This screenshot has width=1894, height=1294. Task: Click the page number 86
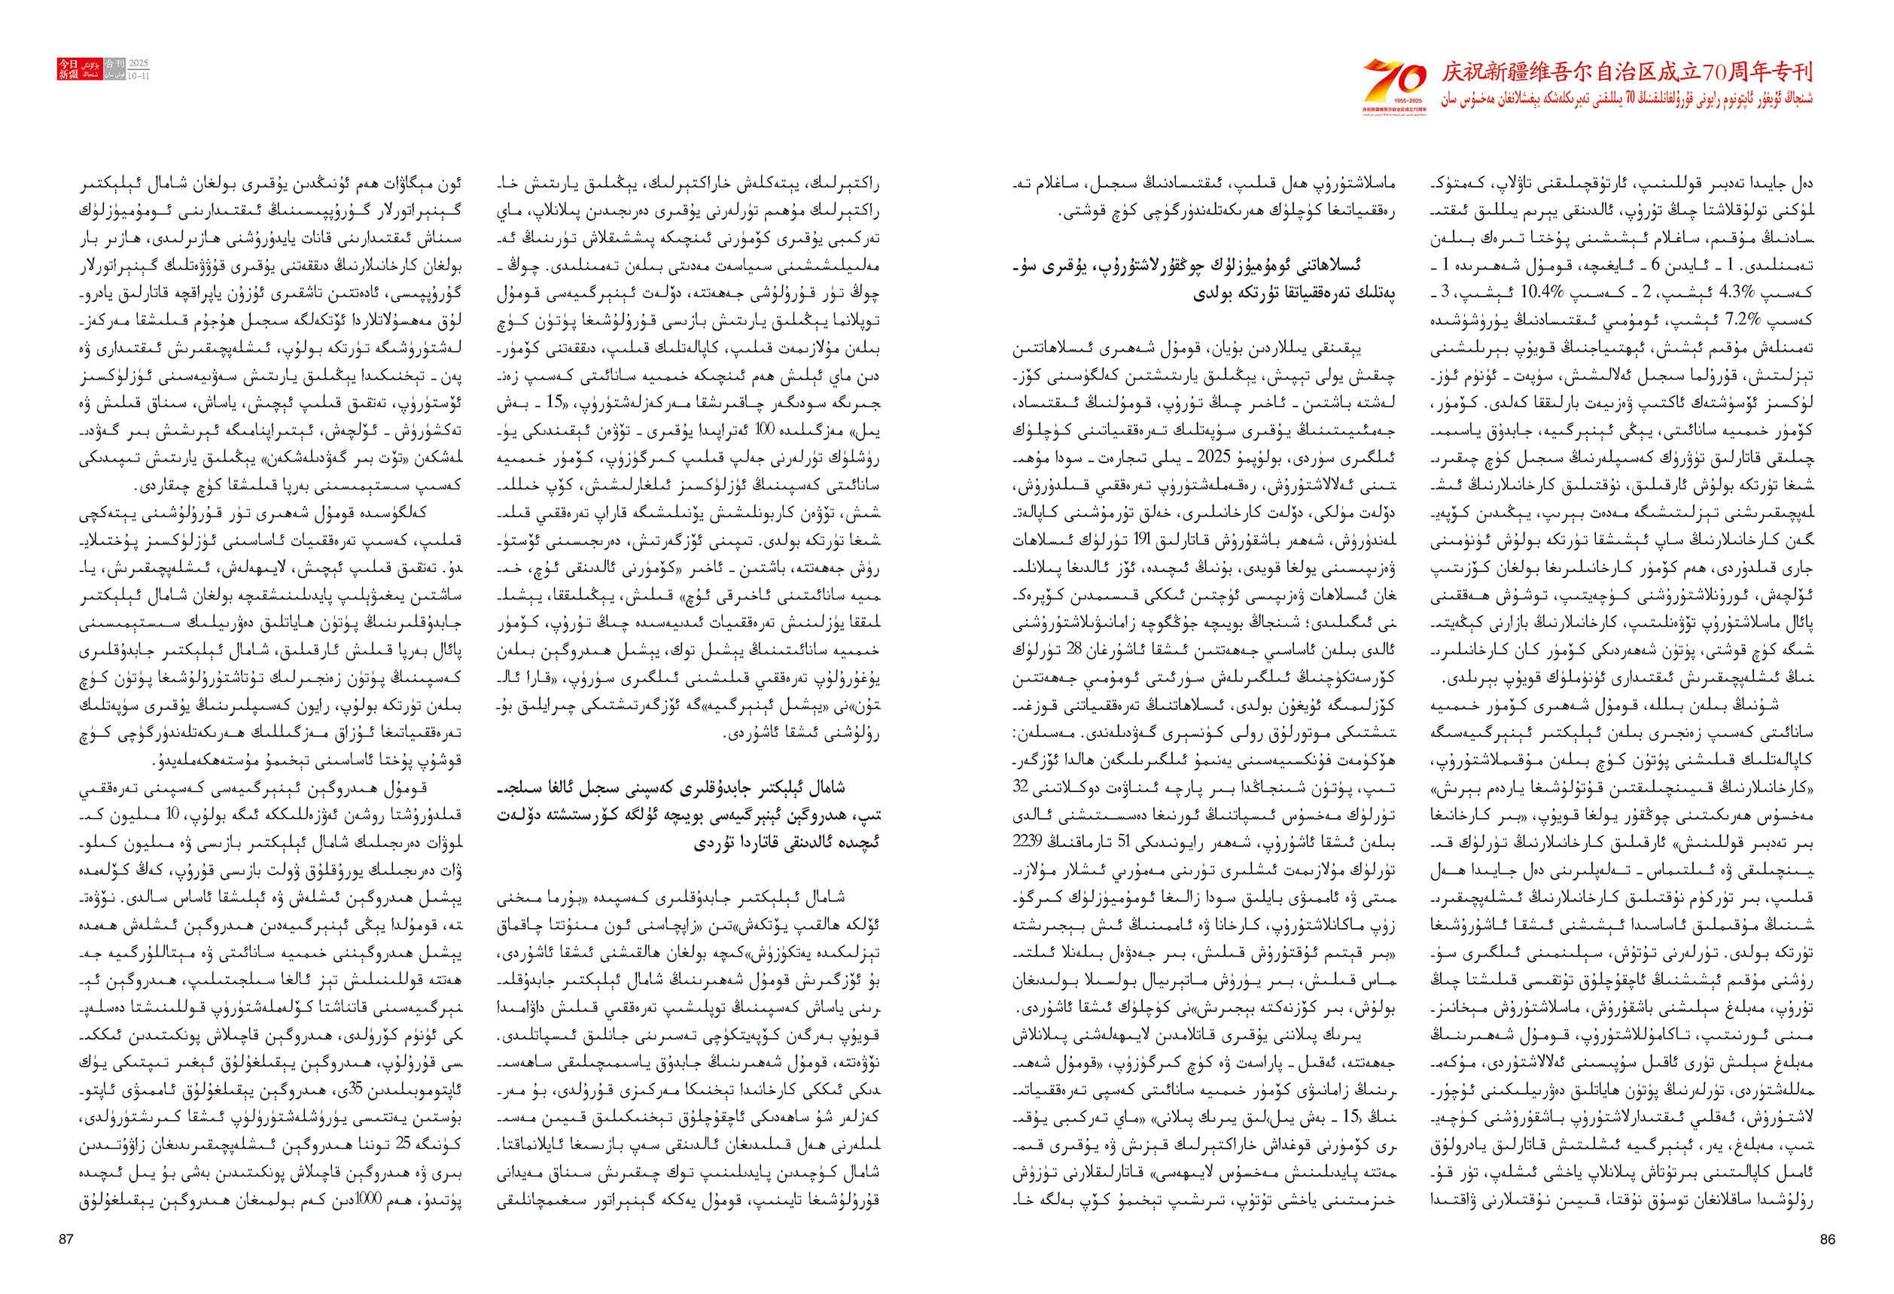pyautogui.click(x=1827, y=1239)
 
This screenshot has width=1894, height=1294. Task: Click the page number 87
pyautogui.click(x=66, y=1239)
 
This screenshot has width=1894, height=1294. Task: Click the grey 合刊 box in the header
pyautogui.click(x=114, y=63)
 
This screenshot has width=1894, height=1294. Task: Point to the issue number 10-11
pyautogui.click(x=139, y=76)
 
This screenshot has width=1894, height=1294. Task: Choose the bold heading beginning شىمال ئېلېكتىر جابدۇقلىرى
pyautogui.click(x=689, y=814)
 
